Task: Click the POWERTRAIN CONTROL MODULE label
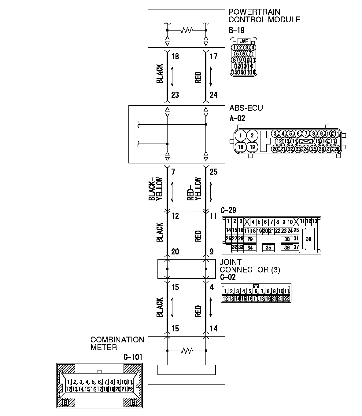point(264,16)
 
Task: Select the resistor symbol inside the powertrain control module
point(186,30)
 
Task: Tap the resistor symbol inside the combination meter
point(186,351)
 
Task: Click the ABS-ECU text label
point(246,108)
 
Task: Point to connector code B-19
point(236,30)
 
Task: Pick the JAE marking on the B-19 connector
point(244,41)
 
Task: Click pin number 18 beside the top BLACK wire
point(175,57)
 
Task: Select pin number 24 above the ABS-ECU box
point(213,95)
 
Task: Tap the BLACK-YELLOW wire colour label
point(156,189)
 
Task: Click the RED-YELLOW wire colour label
point(194,189)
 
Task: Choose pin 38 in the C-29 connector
point(308,239)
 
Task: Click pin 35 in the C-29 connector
point(268,248)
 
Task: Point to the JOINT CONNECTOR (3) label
point(249,266)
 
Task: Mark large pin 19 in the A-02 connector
point(252,147)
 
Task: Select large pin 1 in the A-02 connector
point(241,136)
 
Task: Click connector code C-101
point(133,357)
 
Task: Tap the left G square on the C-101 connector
point(65,403)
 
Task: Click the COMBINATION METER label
point(117,344)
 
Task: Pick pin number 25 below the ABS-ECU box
point(213,172)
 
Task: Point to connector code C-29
point(228,211)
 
